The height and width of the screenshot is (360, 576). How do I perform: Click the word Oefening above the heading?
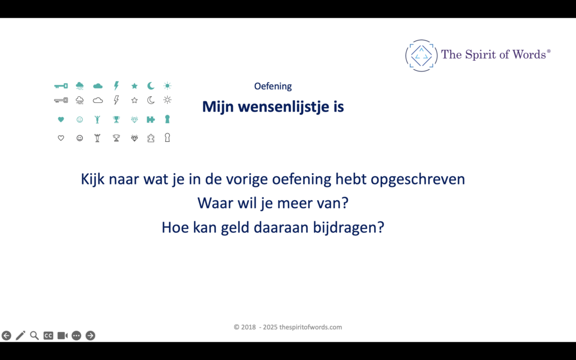click(x=273, y=87)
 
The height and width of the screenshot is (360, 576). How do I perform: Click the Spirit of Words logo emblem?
click(x=421, y=55)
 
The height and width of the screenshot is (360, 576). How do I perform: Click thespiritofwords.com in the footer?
click(x=310, y=327)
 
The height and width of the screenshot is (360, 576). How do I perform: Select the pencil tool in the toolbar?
click(x=20, y=335)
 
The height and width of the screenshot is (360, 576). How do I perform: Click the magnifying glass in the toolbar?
click(x=34, y=335)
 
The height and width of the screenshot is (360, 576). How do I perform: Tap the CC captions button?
click(x=48, y=335)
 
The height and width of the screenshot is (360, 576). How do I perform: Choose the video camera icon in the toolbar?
click(x=62, y=335)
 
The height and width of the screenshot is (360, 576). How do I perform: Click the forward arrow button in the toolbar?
click(x=90, y=335)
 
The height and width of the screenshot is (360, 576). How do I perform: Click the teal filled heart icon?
click(x=61, y=119)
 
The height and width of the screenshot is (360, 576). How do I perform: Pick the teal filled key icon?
click(x=61, y=86)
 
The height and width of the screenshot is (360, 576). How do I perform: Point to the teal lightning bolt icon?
click(x=116, y=85)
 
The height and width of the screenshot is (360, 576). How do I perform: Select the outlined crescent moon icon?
click(x=151, y=100)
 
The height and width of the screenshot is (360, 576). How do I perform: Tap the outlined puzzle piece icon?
click(x=151, y=137)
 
